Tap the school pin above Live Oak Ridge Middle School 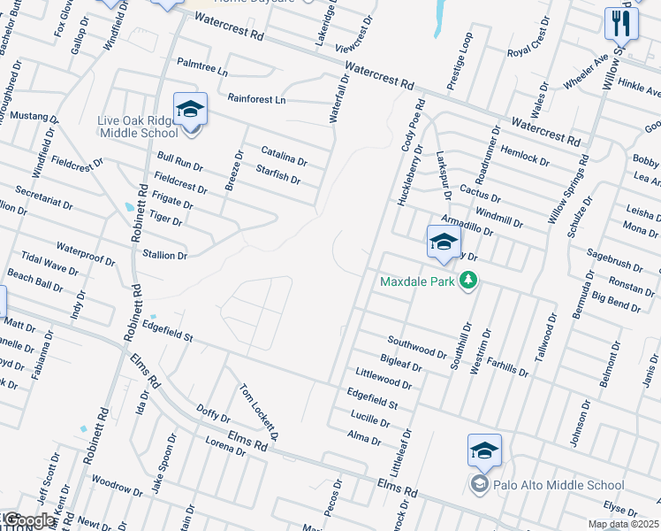coord(190,110)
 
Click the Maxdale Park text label coord(416,282)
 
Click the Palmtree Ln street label coord(202,66)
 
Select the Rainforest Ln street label coord(256,100)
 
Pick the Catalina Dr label coord(283,156)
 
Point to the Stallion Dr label coord(165,255)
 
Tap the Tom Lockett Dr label coord(259,412)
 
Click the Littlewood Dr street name coord(384,380)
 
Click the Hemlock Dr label coord(525,152)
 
